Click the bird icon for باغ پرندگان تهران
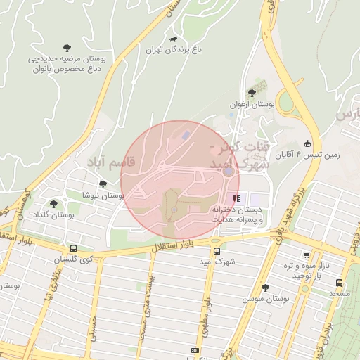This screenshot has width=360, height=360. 173,39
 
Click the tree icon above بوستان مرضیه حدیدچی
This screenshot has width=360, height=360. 67,48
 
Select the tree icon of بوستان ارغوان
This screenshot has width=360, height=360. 251,93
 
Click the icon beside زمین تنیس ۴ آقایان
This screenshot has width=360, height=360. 307,143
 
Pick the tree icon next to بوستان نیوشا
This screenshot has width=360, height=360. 103,184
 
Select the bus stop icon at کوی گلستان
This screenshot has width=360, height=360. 74,248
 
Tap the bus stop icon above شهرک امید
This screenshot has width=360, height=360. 216,251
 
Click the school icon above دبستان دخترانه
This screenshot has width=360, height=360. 237,198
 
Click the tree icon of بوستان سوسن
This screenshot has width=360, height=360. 265,288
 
